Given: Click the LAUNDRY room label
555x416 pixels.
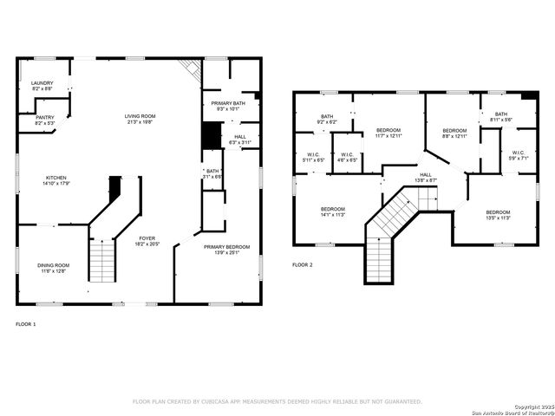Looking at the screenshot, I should (x=42, y=83).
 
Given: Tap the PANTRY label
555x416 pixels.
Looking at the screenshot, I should (x=44, y=118).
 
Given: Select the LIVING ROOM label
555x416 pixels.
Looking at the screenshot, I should (x=140, y=116).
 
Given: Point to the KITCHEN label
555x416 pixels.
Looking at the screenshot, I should (x=55, y=178).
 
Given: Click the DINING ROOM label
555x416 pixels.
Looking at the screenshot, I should (x=53, y=265).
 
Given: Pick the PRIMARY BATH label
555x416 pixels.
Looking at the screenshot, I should (x=227, y=104).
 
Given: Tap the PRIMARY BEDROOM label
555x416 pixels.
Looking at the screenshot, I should (x=227, y=247).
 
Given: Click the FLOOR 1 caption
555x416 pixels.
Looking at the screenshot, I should (x=26, y=323).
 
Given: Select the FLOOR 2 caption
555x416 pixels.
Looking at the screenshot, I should (x=302, y=263).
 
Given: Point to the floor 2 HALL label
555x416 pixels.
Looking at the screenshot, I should (x=426, y=174).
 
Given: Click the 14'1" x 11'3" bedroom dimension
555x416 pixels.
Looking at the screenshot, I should (x=334, y=215).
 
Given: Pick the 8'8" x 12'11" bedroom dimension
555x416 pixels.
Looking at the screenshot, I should (x=454, y=136).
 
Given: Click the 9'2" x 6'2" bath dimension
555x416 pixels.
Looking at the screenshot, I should (x=327, y=122).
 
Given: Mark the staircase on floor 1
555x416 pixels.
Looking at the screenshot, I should (x=103, y=259).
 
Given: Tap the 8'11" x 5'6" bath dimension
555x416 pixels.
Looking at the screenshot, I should (x=501, y=120).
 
